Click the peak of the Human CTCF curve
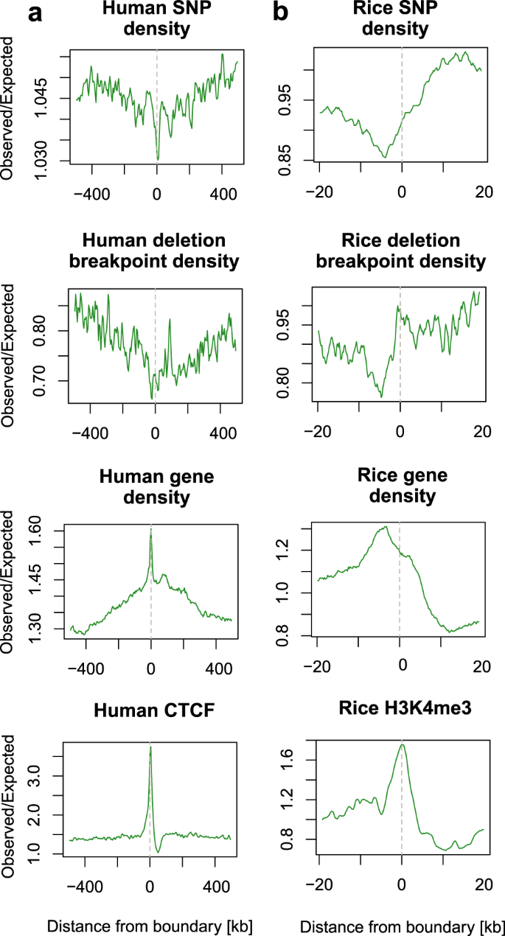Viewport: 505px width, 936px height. point(150,747)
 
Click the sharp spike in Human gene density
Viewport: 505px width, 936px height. point(150,529)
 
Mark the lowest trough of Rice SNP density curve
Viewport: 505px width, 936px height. point(384,157)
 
